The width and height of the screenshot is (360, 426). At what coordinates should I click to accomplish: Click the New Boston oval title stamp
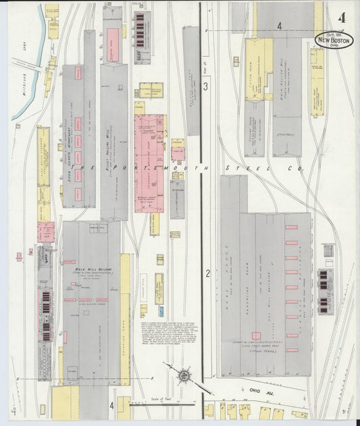[x=332, y=40]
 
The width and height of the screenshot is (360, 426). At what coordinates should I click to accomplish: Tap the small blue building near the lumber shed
[x=161, y=311]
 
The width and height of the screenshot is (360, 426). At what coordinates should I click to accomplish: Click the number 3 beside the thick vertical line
[x=207, y=87]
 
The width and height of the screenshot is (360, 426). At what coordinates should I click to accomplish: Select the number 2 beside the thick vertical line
[x=208, y=273]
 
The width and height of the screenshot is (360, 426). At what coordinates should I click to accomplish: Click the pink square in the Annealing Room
[x=256, y=336]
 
